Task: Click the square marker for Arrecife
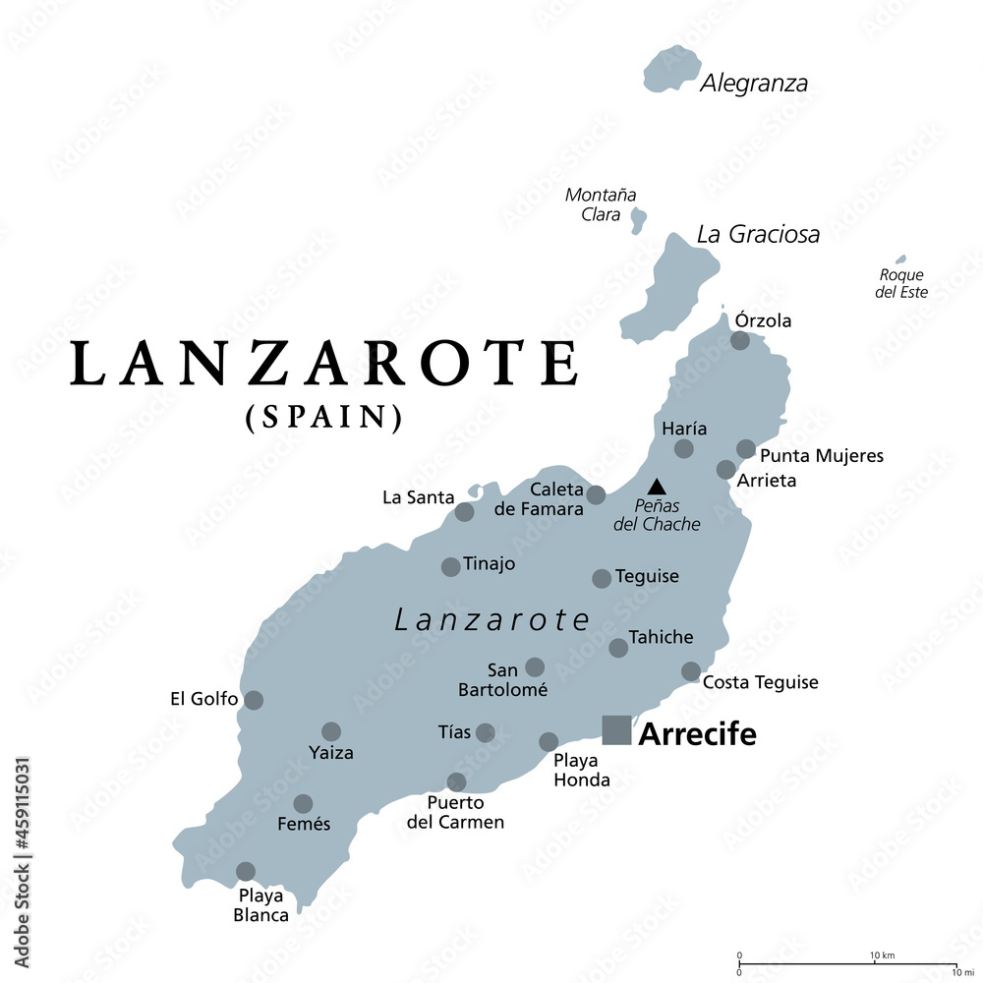[x=616, y=729]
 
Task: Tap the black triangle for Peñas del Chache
[x=656, y=486]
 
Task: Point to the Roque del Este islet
[x=901, y=260]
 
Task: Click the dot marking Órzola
[x=740, y=341]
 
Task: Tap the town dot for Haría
[x=683, y=449]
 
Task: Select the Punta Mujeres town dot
[x=746, y=449]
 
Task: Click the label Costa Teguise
[x=761, y=682]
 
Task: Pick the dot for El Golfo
[x=254, y=700]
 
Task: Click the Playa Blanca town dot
[x=246, y=871]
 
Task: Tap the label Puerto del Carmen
[x=455, y=813]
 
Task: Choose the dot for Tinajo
[x=450, y=566]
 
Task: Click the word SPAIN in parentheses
[x=323, y=418]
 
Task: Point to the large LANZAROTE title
[x=324, y=364]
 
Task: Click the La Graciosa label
[x=758, y=234]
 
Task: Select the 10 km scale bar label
[x=881, y=954]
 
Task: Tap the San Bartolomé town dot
[x=535, y=667]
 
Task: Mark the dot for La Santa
[x=464, y=512]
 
